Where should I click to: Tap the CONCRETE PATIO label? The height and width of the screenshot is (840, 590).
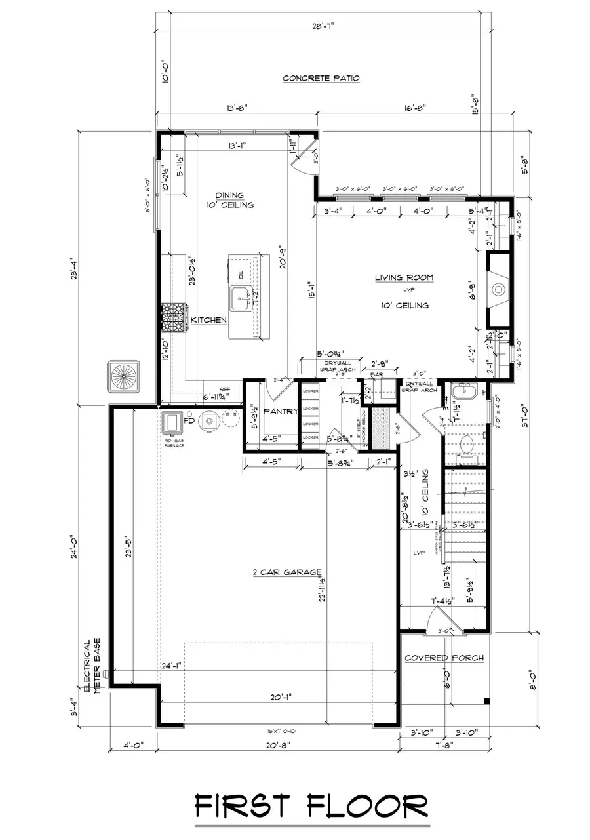coord(321,78)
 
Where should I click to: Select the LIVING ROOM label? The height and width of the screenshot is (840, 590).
coord(404,278)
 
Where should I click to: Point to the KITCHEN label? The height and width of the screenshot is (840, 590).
coord(209,320)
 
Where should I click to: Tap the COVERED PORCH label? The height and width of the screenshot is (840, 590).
coord(444,658)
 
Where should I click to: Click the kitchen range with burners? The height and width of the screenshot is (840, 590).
coord(174,319)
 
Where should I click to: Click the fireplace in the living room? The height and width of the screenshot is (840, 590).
coord(498,289)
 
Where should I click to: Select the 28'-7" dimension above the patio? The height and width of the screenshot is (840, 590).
coord(322,27)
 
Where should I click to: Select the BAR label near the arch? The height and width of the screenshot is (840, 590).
coord(376,376)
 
